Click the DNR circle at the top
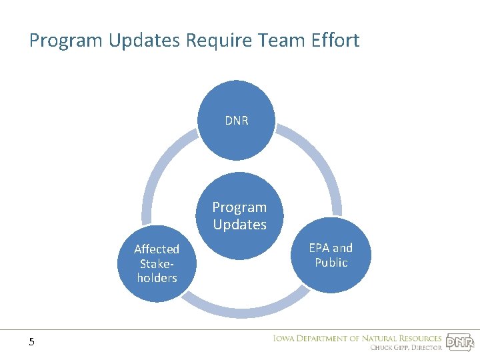coord(237,121)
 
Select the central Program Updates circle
coord(239,216)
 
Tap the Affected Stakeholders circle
coord(157,263)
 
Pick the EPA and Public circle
coord(331,255)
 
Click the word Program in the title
coord(70,41)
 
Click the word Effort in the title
coord(335,41)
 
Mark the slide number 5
coord(31,342)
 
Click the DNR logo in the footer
coord(459,343)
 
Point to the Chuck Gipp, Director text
coord(406,347)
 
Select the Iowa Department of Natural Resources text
coord(357,338)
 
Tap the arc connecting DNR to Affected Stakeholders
coord(157,173)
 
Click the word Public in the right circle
coord(331,263)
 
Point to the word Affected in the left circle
coord(157,249)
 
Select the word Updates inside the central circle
coord(239,225)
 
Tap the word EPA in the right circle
coord(319,248)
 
